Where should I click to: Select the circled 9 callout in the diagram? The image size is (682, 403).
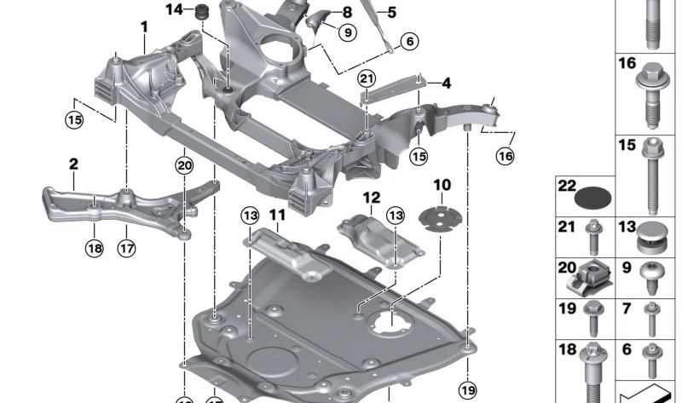[347, 32]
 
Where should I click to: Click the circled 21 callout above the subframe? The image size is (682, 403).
[367, 80]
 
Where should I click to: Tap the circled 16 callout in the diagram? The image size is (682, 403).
[506, 156]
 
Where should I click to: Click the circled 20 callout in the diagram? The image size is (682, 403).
[185, 164]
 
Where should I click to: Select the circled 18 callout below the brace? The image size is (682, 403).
[93, 249]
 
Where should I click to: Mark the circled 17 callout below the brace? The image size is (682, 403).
[126, 249]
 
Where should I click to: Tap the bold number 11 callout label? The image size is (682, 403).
[275, 215]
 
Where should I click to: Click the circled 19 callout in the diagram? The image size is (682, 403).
[467, 389]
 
